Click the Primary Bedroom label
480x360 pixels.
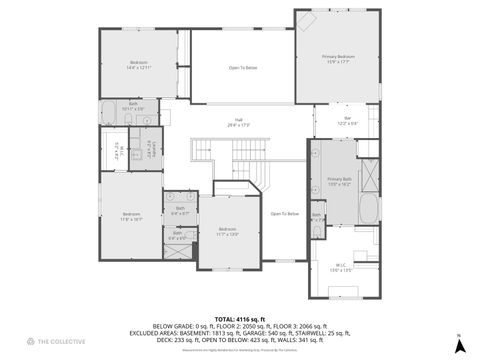point(338,59)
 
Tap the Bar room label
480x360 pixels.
point(348,121)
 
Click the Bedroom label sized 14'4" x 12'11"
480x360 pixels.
point(138,66)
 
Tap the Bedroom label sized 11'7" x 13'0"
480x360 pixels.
point(227,232)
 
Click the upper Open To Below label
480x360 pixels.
point(243,68)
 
